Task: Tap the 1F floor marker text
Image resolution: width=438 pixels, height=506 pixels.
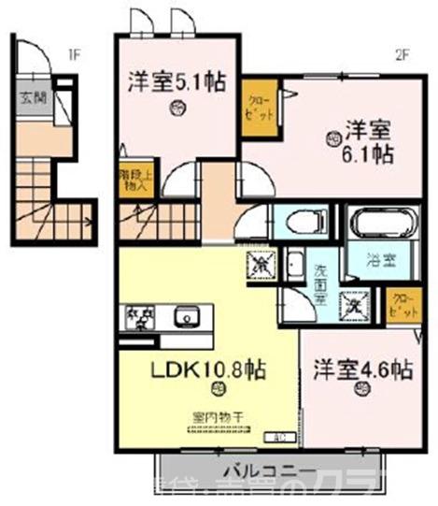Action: point(72,53)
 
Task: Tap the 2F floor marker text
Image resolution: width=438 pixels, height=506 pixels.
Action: point(403,53)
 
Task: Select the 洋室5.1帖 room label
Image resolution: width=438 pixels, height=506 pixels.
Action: point(177,81)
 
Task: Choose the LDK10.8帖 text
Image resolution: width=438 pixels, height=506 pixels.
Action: point(208,369)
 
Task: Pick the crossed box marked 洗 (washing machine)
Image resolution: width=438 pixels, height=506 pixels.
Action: point(354,304)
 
